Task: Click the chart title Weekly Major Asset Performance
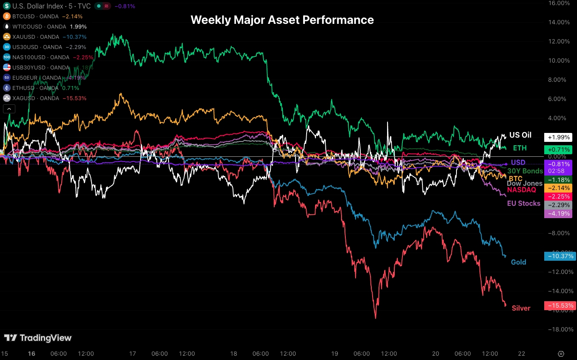pyautogui.click(x=282, y=20)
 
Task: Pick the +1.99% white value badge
pyautogui.click(x=558, y=137)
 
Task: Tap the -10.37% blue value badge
pyautogui.click(x=560, y=256)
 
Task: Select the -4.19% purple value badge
pyautogui.click(x=558, y=213)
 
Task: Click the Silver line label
pyautogui.click(x=521, y=308)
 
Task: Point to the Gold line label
pyautogui.click(x=518, y=262)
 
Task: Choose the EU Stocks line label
pyautogui.click(x=523, y=203)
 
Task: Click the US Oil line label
pyautogui.click(x=520, y=135)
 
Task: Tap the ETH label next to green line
pyautogui.click(x=520, y=148)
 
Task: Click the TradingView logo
pyautogui.click(x=38, y=338)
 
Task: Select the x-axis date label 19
pyautogui.click(x=335, y=354)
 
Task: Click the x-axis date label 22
pyautogui.click(x=521, y=354)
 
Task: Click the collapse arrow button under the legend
pyautogui.click(x=9, y=109)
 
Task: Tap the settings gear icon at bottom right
pyautogui.click(x=561, y=354)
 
